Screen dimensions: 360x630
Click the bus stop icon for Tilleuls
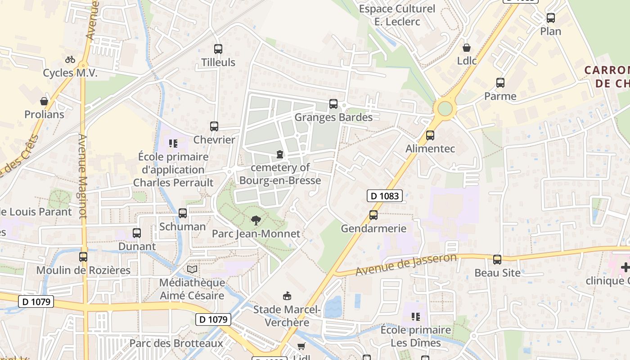(218, 49)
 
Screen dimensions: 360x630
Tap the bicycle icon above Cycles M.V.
(70, 59)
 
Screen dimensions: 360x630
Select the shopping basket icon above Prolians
(44, 101)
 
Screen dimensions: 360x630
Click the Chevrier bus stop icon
(214, 126)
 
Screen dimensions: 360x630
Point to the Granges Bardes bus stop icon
(333, 104)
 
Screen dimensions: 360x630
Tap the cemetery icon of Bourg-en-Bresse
(280, 155)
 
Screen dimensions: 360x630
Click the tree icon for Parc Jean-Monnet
(256, 220)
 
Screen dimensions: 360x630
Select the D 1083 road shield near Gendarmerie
(384, 196)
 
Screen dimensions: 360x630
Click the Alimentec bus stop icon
(430, 135)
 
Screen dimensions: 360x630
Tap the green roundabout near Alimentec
(445, 108)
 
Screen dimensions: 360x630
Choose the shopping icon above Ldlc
(467, 47)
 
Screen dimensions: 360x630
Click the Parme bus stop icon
(500, 83)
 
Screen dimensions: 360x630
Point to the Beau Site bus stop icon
(497, 260)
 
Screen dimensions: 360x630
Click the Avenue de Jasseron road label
(406, 265)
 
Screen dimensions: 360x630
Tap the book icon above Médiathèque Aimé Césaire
(192, 269)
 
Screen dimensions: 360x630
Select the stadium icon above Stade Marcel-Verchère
(287, 296)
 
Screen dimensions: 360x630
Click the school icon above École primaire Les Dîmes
(415, 317)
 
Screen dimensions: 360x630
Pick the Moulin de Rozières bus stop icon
(83, 257)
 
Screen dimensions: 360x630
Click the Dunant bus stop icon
(137, 233)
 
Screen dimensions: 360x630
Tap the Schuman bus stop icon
(183, 213)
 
